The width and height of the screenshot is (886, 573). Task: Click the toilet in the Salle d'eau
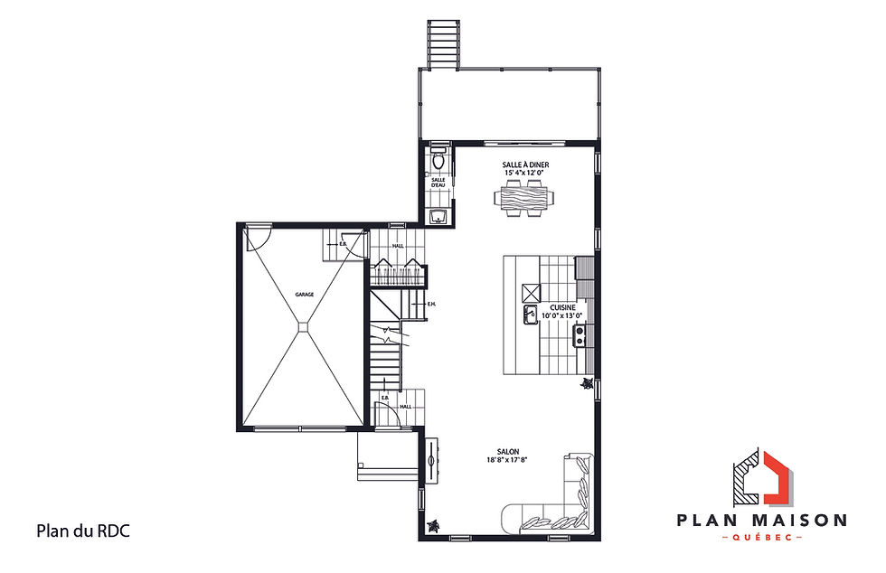(x=438, y=162)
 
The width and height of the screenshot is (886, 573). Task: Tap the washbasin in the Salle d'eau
(x=438, y=215)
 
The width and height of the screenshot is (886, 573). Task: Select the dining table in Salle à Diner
(x=526, y=197)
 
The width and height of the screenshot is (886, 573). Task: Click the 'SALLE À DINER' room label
(x=526, y=164)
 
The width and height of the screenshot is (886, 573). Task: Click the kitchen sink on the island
(x=529, y=314)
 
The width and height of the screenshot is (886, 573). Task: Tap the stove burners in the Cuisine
(x=580, y=336)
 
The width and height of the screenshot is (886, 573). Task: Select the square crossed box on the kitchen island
(x=530, y=291)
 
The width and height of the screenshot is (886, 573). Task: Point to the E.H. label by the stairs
(x=431, y=304)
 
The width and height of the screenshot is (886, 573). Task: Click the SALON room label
(x=506, y=452)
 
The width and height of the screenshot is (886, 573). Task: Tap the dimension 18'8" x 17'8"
(x=506, y=460)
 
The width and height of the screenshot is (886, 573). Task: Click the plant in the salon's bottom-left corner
(x=434, y=525)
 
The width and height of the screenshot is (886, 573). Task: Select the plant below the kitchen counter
(x=587, y=384)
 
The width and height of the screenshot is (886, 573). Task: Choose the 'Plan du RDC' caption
(x=82, y=531)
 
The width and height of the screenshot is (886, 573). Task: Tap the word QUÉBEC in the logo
(x=762, y=537)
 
